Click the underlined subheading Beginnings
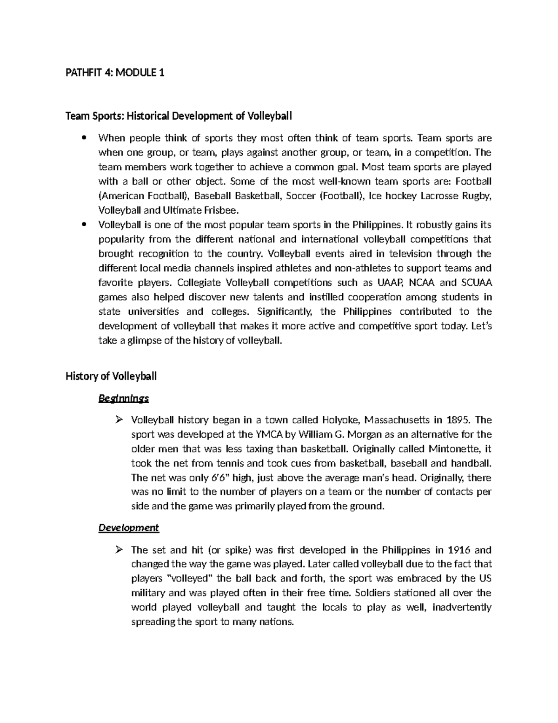[x=123, y=399]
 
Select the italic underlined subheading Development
[x=128, y=528]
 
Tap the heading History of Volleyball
[x=111, y=376]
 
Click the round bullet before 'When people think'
[x=84, y=138]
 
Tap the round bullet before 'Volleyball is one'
[x=84, y=224]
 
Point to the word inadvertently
[x=462, y=608]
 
